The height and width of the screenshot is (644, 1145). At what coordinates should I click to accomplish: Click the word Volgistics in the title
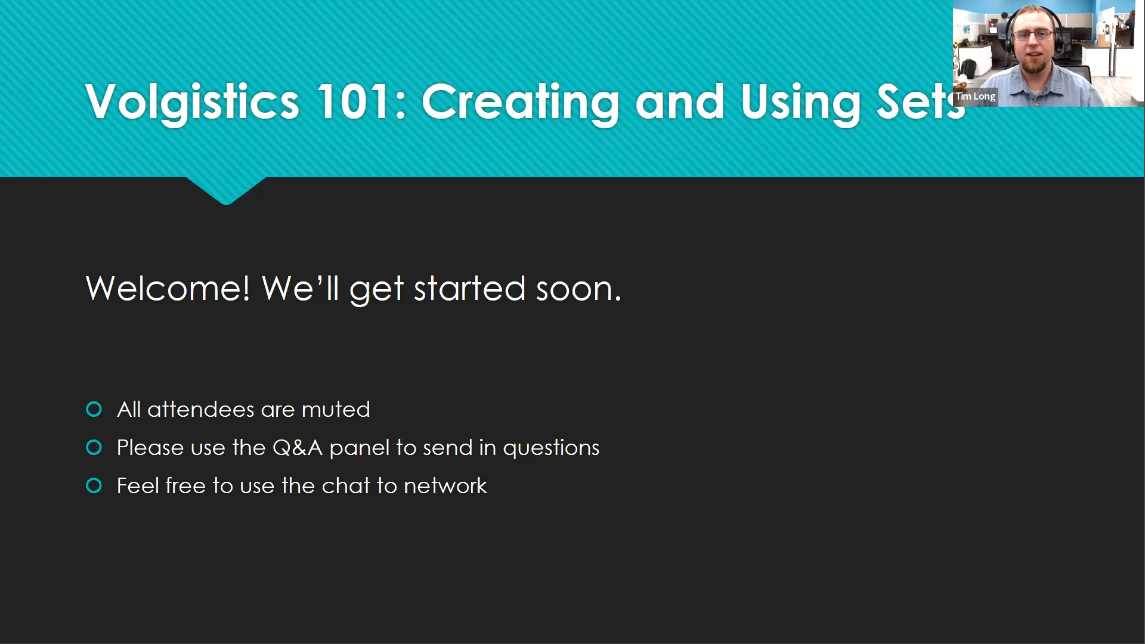pos(192,103)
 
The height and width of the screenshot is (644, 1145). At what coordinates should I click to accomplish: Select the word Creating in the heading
pos(521,103)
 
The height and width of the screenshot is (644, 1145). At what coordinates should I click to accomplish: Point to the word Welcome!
pos(168,289)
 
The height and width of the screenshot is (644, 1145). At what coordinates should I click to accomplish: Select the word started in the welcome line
pos(470,289)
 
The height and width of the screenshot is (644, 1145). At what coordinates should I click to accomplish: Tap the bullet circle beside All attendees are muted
pos(94,409)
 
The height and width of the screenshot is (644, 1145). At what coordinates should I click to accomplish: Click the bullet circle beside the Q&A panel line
pos(94,447)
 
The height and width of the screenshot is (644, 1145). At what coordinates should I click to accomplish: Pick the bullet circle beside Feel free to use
pos(94,485)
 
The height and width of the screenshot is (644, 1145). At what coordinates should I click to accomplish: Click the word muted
pos(336,410)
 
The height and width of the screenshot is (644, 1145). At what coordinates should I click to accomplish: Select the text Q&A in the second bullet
pos(298,448)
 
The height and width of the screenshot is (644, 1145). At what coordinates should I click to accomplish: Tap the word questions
pos(551,449)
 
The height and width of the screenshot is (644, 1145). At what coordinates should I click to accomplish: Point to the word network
pos(445,486)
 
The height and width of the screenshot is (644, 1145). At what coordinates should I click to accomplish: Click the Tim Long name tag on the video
pos(975,97)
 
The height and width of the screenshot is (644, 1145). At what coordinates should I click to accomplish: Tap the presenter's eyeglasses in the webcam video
pos(1033,35)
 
